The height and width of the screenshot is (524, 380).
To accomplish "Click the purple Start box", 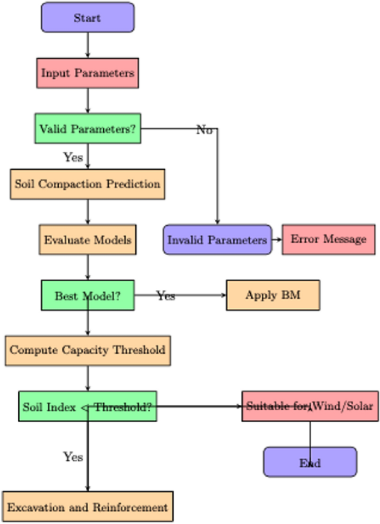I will click(x=88, y=17).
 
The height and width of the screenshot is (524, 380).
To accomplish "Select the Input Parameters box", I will click(x=88, y=73).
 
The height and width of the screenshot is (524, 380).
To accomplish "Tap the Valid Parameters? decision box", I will click(x=88, y=129).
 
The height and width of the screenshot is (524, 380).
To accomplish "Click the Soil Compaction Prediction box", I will click(x=88, y=184).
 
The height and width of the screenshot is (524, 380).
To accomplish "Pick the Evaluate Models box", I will click(x=88, y=240).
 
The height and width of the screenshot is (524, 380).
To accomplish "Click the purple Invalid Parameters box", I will click(x=217, y=240).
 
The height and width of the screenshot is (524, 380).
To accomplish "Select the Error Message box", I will click(x=328, y=240).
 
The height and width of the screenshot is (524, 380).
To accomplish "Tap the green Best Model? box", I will click(x=88, y=296).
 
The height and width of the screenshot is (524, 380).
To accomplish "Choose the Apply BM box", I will click(x=273, y=295).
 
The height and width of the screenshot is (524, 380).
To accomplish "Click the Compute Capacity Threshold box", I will click(x=88, y=350).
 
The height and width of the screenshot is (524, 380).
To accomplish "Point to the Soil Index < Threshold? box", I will click(x=88, y=406).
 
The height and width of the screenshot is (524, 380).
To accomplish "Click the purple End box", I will click(x=310, y=462).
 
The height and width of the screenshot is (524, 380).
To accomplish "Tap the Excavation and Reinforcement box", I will click(x=88, y=507).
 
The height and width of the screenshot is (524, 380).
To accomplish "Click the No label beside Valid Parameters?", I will click(x=204, y=130).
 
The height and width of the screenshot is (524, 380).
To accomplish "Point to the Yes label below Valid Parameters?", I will click(x=73, y=157).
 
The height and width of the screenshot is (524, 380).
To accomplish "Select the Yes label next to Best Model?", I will click(x=165, y=296).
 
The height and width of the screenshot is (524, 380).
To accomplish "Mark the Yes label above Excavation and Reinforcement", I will click(x=73, y=457).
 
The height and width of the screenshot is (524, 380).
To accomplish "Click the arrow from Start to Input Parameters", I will click(x=88, y=45).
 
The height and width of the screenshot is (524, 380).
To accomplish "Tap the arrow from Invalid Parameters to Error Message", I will click(x=277, y=240).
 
